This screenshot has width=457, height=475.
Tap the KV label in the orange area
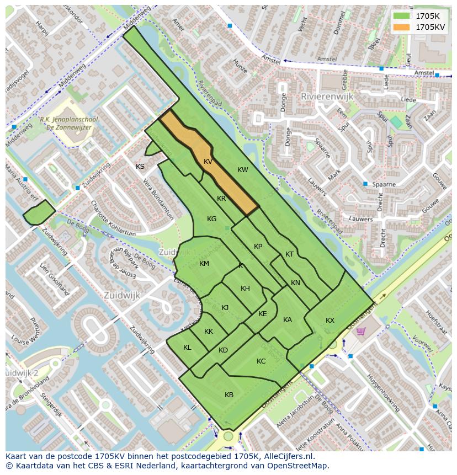(208, 162)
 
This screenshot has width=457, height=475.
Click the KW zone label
(243, 170)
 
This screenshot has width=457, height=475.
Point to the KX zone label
(330, 321)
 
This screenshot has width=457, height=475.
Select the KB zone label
(229, 394)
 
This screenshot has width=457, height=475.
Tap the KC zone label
(261, 361)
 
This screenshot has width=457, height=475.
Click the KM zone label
(204, 264)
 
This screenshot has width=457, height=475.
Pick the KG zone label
(211, 219)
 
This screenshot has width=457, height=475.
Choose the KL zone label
(187, 348)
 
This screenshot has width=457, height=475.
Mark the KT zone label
(290, 254)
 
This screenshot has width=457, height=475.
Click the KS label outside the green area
(140, 166)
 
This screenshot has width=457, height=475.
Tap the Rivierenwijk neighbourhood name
(327, 96)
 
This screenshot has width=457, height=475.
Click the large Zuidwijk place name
(121, 296)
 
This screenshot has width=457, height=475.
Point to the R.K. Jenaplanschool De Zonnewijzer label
(66, 123)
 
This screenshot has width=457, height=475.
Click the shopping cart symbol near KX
(361, 331)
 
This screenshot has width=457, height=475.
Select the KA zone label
(288, 320)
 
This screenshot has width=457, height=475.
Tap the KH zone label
(245, 289)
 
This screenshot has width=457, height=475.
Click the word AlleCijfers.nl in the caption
(288, 456)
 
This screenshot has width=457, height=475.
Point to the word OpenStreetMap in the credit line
(301, 466)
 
